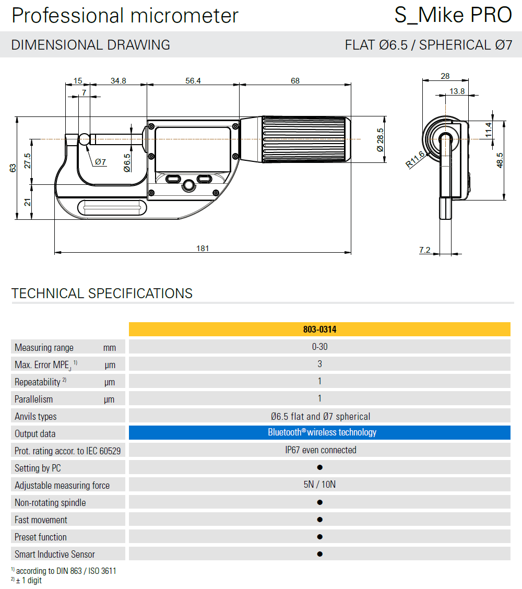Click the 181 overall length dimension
pyautogui.click(x=203, y=249)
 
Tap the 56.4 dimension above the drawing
pyautogui.click(x=193, y=81)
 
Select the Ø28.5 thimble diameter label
pyautogui.click(x=380, y=140)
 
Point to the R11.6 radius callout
pyautogui.click(x=415, y=159)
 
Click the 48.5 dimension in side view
pyautogui.click(x=500, y=160)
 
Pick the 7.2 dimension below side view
pyautogui.click(x=425, y=250)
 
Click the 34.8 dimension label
pyautogui.click(x=118, y=81)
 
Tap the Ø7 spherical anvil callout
pyautogui.click(x=100, y=162)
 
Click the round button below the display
pyautogui.click(x=188, y=185)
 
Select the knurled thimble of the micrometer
pyautogui.click(x=306, y=139)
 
